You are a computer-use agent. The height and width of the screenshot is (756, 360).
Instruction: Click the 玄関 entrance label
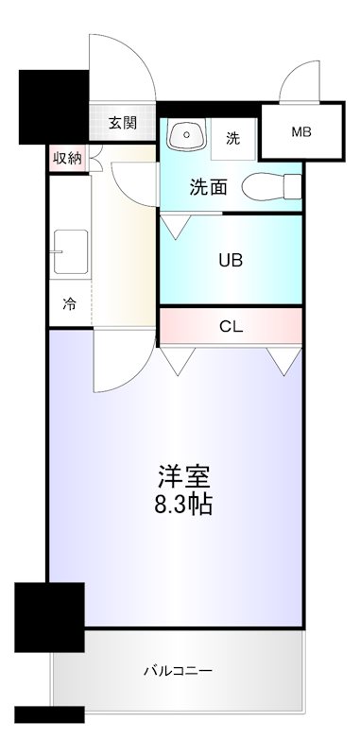tap(123, 123)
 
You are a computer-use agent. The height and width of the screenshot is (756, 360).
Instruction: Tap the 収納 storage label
tap(66, 158)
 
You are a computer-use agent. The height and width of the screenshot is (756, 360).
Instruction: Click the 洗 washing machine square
tap(232, 138)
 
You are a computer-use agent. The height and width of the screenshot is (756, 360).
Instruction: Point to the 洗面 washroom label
tap(208, 186)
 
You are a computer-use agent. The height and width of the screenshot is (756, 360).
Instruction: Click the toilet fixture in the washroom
tap(269, 187)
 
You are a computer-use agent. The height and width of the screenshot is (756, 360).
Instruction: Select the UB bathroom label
tap(231, 260)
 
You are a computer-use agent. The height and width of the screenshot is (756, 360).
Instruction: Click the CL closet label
tap(231, 327)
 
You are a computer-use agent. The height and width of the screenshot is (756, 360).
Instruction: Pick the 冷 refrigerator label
tap(69, 304)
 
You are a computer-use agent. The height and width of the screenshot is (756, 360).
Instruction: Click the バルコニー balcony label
tap(178, 672)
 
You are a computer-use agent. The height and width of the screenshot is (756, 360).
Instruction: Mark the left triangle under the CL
tap(177, 360)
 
